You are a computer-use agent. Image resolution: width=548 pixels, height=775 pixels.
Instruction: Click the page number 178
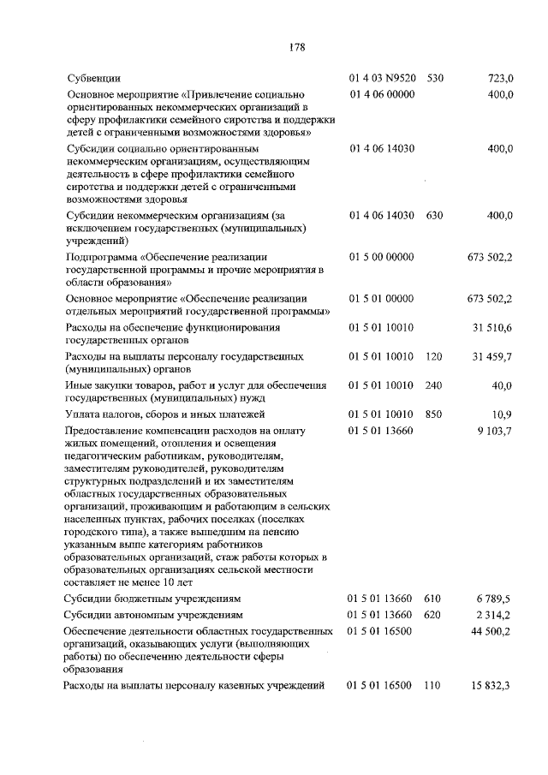tap(296, 47)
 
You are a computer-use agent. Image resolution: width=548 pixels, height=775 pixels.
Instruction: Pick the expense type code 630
tap(434, 217)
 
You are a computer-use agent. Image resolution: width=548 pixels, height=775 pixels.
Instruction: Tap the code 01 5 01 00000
tap(382, 298)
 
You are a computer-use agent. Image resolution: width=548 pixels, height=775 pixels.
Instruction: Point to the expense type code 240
tap(434, 385)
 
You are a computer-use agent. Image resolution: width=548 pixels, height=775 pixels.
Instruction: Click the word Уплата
tap(83, 414)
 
